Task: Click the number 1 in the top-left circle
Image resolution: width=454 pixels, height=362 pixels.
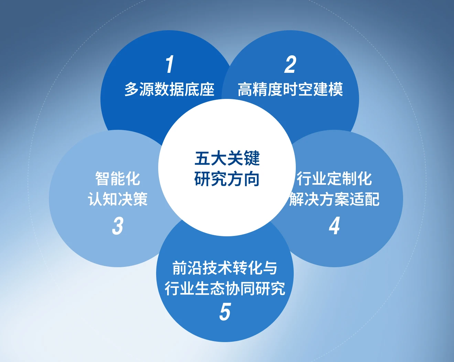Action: [170, 64]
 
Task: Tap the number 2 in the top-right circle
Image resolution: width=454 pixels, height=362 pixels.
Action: [290, 64]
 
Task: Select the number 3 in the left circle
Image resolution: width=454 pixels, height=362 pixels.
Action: [118, 226]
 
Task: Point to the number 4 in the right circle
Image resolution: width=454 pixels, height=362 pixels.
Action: [334, 226]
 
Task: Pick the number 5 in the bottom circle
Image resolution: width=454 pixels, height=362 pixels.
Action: [225, 312]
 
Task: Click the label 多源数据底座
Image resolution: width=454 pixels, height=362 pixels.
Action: [169, 89]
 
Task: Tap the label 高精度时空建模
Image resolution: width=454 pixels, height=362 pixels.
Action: [290, 89]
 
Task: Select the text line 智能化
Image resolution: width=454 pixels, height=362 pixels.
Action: [118, 179]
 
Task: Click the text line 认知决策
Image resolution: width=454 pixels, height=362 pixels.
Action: [118, 199]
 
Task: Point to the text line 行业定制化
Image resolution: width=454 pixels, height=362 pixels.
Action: [334, 179]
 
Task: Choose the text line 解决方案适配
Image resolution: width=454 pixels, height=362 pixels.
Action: [334, 199]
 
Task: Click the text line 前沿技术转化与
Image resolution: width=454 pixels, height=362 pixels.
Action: [225, 268]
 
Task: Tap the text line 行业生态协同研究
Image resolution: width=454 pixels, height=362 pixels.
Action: [225, 289]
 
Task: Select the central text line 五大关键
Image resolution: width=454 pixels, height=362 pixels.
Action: [227, 158]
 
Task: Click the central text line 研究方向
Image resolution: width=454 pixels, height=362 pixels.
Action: [227, 179]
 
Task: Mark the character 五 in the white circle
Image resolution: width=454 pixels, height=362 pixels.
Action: [202, 158]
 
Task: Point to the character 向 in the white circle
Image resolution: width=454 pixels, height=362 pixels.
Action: [252, 179]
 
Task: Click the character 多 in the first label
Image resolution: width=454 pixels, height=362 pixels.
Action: [132, 89]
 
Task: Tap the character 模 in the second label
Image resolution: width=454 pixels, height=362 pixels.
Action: [336, 89]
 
